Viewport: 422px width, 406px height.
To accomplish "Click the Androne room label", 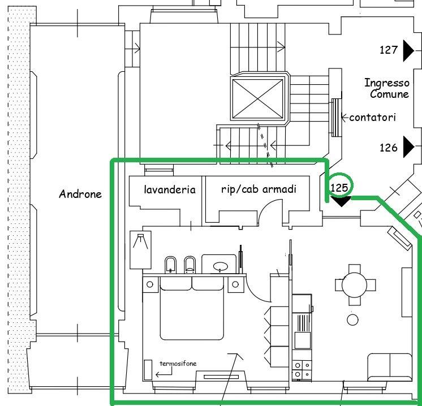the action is point(80,194).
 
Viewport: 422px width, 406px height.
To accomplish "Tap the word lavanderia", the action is point(170,189).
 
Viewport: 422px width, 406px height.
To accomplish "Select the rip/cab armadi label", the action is point(259,189).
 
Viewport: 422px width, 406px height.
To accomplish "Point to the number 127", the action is point(389,50).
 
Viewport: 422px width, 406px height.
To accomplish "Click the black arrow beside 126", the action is point(408,147).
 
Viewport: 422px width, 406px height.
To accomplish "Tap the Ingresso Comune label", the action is point(387,88).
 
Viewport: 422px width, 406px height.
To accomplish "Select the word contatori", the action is point(373,117).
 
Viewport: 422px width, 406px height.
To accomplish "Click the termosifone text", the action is point(178,364).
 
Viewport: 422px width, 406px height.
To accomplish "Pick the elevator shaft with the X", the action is point(257,99).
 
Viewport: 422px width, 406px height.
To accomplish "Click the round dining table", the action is point(355,285).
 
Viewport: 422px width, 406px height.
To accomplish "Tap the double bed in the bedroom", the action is point(192,308).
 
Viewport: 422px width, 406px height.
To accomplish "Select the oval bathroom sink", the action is point(221,267).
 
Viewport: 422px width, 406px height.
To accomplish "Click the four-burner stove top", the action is point(302,369).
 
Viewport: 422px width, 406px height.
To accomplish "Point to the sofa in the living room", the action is point(389,367).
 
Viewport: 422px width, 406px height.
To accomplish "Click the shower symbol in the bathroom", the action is point(140,250).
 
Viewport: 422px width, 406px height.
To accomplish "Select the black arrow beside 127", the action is point(408,50).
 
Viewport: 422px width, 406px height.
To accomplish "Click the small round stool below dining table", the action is point(352,320).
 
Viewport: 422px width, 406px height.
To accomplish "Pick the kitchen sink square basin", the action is point(303,340).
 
